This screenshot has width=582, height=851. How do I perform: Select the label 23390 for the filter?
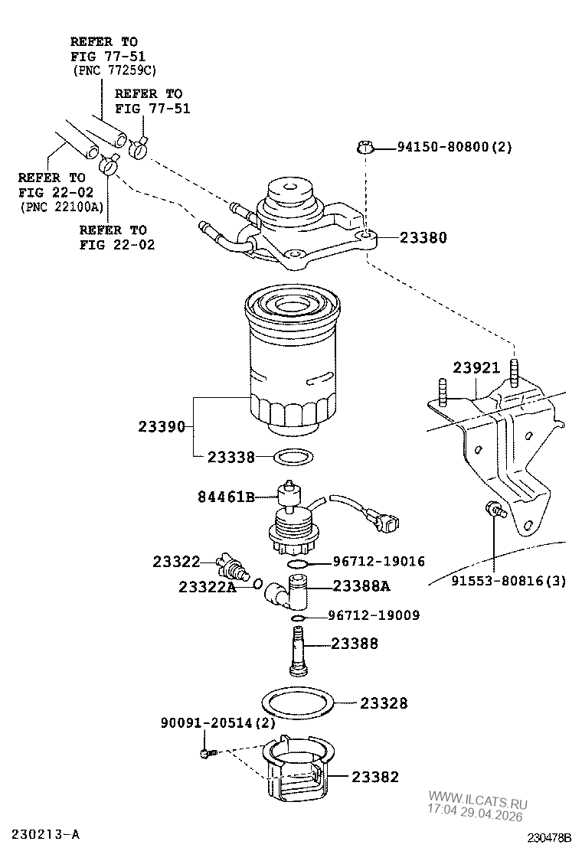pos(162,426)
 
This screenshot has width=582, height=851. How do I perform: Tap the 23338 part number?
pos(231,458)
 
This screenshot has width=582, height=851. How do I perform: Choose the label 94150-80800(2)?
pos(454,147)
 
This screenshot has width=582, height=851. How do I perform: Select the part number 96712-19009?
pos(374,615)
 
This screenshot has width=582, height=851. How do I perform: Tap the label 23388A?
pos(361,586)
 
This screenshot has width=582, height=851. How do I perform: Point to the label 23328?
pos(384,703)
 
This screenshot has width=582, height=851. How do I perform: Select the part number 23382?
pos(375,777)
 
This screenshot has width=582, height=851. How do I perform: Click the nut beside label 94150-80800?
pos(365,148)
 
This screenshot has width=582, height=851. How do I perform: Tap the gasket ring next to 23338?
pos(294,458)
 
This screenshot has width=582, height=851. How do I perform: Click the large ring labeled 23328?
pos(299,702)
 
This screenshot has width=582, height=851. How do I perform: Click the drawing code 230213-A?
pos(47,832)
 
